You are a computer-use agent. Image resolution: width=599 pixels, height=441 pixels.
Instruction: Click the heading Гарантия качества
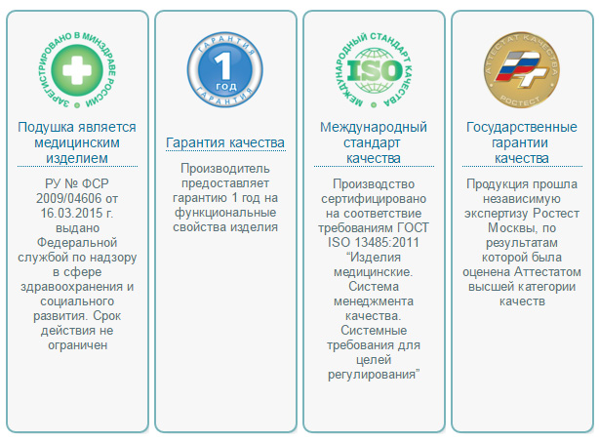click(225, 142)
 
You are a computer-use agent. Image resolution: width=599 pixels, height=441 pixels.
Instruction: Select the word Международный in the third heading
click(375, 128)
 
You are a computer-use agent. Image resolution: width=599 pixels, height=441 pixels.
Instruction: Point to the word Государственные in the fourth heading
click(524, 128)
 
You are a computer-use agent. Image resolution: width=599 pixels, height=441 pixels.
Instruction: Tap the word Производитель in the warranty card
click(224, 169)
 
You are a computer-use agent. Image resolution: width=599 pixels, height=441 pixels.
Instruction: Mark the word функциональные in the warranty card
click(225, 213)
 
